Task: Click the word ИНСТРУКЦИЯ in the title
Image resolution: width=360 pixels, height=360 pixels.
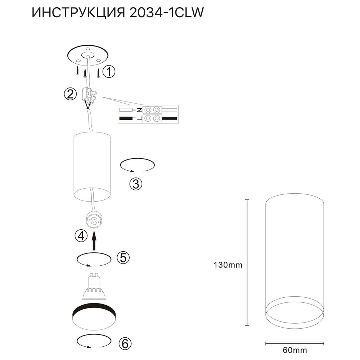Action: (78, 13)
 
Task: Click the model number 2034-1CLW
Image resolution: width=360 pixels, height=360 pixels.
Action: (166, 13)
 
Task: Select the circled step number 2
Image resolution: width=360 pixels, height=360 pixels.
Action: (70, 94)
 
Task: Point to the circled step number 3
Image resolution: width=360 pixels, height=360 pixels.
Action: (136, 184)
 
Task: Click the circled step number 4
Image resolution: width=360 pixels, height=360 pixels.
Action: (81, 236)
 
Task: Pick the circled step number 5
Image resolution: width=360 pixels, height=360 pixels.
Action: (123, 258)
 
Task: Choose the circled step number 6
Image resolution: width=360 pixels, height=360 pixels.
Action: (125, 344)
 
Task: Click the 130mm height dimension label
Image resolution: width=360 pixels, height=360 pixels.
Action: (228, 265)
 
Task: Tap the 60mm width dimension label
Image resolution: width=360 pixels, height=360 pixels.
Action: (295, 350)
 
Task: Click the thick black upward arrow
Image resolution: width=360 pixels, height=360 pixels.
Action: (94, 241)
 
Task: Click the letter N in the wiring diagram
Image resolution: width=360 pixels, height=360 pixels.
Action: (139, 110)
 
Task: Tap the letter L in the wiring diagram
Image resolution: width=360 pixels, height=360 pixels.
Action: (139, 118)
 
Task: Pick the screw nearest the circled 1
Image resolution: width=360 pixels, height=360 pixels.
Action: (99, 73)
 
